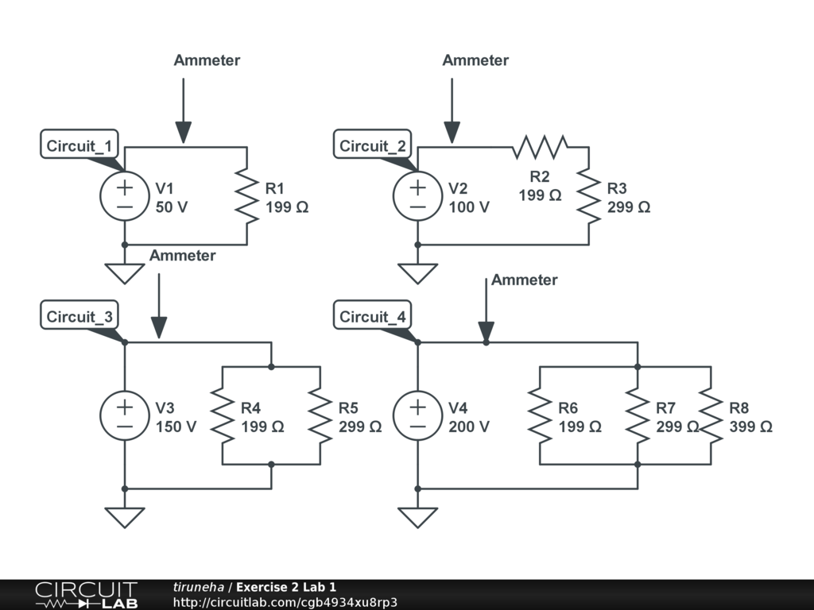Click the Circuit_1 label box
(79, 145)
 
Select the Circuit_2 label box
(373, 145)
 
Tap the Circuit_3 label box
(79, 316)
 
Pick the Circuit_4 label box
(373, 316)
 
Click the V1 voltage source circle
(125, 196)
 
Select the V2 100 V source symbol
(418, 196)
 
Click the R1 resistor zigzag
(247, 196)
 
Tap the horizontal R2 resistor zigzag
(541, 147)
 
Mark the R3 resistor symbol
(589, 196)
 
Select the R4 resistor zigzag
(223, 415)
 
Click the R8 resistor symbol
(711, 415)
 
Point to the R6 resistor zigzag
(541, 415)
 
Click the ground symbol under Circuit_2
(418, 273)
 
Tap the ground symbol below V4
(418, 517)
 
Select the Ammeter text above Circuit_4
(525, 280)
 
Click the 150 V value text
(176, 427)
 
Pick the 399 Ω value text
(750, 427)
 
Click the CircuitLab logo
(86, 595)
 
